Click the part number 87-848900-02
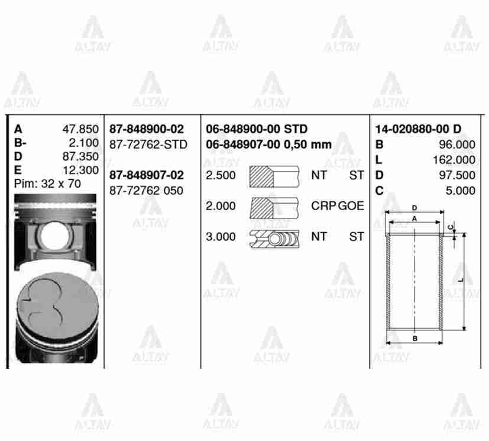(x=146, y=129)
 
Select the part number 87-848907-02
(x=146, y=175)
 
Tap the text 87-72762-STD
(x=148, y=144)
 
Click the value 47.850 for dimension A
(x=80, y=129)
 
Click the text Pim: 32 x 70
(x=47, y=184)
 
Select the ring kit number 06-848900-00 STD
(x=257, y=129)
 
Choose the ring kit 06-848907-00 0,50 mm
(x=268, y=144)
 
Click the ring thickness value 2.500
(x=220, y=175)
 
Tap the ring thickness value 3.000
(x=220, y=237)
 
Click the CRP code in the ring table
(x=323, y=206)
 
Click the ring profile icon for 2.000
(x=274, y=206)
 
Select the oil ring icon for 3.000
(x=274, y=237)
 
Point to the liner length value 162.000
(x=455, y=160)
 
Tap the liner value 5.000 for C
(x=461, y=191)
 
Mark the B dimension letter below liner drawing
(x=415, y=338)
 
